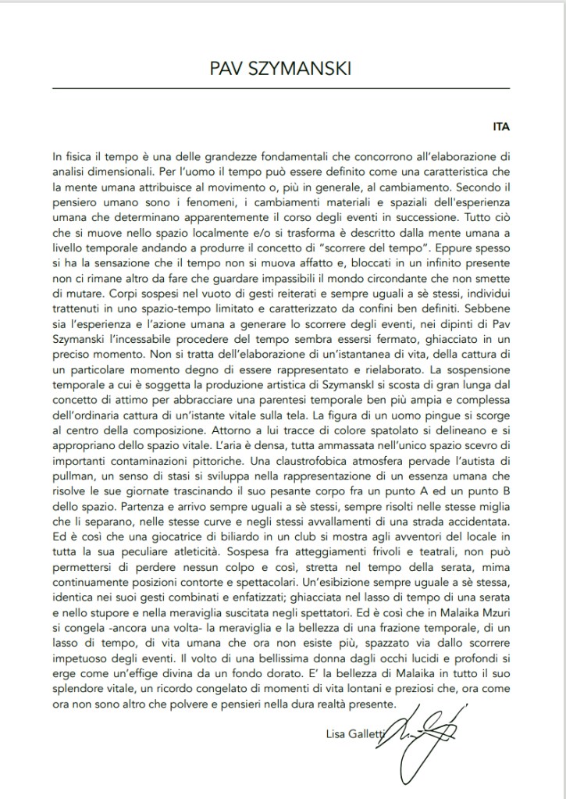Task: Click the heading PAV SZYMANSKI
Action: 281,69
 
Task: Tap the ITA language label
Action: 502,125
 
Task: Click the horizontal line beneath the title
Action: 281,89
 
